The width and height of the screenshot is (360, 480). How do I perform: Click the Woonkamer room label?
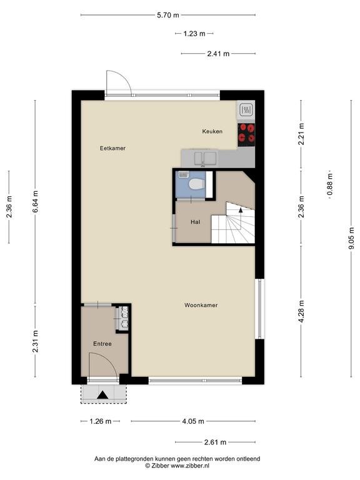(x=201, y=305)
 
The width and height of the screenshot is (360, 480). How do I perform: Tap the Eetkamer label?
(x=112, y=148)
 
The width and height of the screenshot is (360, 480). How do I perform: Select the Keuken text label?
(x=212, y=131)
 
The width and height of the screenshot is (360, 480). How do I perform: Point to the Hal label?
(x=195, y=222)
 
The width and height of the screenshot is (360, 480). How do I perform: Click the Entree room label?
(x=102, y=344)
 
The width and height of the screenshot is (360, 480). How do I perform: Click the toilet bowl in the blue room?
(x=196, y=184)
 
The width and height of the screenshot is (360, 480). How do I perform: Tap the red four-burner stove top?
(x=246, y=133)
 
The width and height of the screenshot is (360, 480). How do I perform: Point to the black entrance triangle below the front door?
(x=102, y=395)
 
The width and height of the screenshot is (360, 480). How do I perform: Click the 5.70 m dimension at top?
(x=168, y=15)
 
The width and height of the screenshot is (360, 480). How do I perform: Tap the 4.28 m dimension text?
(x=301, y=311)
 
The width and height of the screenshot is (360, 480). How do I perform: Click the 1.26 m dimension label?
(x=101, y=421)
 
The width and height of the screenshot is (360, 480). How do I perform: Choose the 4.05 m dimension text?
(x=193, y=421)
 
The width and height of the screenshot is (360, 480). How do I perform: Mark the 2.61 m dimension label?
(x=215, y=442)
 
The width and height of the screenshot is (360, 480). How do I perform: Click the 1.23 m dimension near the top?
(x=194, y=34)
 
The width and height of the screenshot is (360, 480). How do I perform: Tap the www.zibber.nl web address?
(x=190, y=466)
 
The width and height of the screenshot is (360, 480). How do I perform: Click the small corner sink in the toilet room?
(x=183, y=175)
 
